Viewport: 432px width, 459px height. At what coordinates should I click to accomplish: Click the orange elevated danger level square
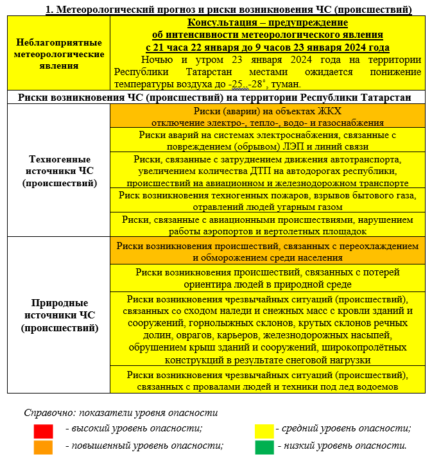44,447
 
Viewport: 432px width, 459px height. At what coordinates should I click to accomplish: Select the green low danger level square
264,447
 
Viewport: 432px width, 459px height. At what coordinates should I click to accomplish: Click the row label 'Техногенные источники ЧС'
59,170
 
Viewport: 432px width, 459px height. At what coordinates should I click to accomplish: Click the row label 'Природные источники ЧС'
59,315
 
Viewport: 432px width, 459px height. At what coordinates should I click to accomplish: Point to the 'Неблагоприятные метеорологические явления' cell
59,54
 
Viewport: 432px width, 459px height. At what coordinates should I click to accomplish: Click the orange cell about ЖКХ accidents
267,116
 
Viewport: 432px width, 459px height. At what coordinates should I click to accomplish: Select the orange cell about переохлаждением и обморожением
267,251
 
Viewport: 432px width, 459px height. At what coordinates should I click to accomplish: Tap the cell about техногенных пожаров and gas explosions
267,200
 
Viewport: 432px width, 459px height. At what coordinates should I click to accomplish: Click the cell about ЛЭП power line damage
267,140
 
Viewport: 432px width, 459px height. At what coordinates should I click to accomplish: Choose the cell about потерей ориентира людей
267,277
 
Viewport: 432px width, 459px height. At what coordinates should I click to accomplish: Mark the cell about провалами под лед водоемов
267,380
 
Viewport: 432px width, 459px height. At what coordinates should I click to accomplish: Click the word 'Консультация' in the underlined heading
207,22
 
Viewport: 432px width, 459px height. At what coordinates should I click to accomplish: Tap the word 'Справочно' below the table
46,413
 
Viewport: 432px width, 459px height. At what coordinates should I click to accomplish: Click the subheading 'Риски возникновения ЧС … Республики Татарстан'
216,97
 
